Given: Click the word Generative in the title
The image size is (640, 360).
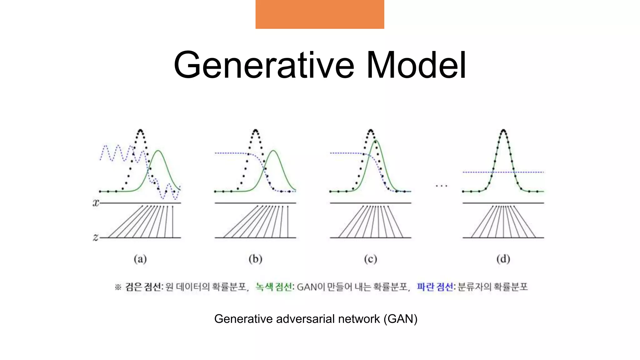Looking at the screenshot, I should pyautogui.click(x=264, y=66).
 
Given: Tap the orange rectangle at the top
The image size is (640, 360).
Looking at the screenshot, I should pyautogui.click(x=320, y=14).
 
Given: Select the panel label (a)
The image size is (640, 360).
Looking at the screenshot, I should pyautogui.click(x=140, y=259).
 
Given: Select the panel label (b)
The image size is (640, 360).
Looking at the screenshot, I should pyautogui.click(x=255, y=259).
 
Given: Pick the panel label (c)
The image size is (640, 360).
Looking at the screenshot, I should pyautogui.click(x=371, y=259).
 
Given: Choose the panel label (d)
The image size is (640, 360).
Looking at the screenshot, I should pyautogui.click(x=503, y=259).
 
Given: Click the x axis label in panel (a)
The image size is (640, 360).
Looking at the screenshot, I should pyautogui.click(x=96, y=203).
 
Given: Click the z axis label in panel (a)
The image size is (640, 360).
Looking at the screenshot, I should pyautogui.click(x=96, y=237).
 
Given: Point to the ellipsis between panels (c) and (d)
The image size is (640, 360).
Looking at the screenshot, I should pyautogui.click(x=441, y=186).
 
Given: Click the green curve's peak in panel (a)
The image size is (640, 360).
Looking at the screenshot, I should pyautogui.click(x=158, y=151).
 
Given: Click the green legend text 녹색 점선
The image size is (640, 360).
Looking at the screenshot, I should pyautogui.click(x=274, y=287).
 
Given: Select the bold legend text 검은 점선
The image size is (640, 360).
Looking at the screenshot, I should pyautogui.click(x=143, y=287).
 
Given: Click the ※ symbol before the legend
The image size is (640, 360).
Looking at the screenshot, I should pyautogui.click(x=118, y=287).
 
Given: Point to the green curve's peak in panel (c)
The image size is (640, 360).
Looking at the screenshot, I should pyautogui.click(x=376, y=141).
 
